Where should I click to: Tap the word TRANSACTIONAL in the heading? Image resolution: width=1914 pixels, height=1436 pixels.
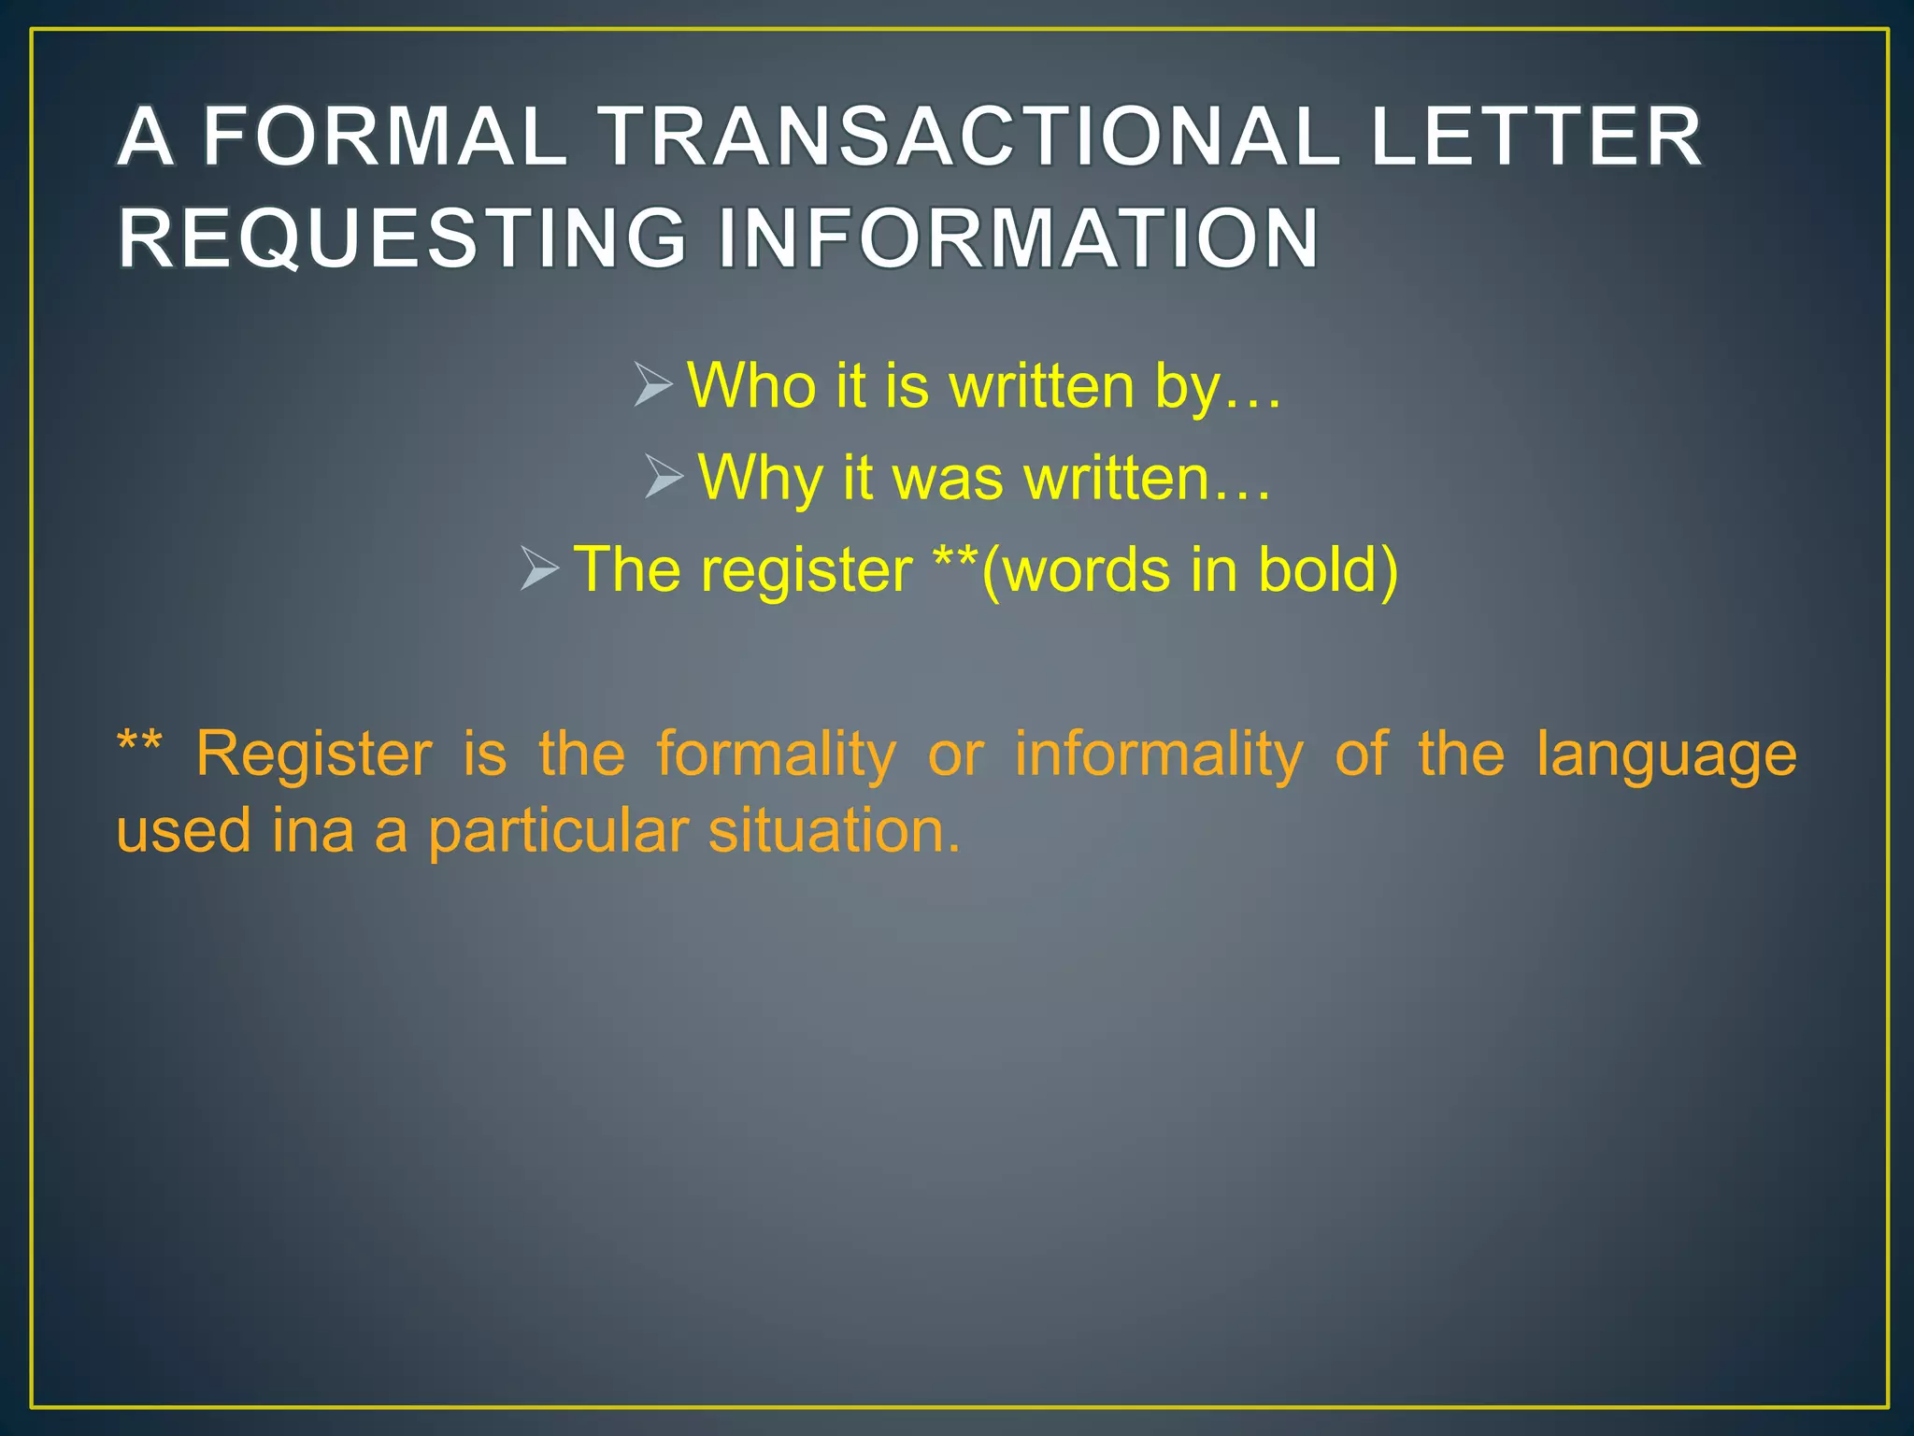click(x=968, y=137)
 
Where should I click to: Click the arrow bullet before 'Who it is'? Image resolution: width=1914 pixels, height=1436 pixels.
click(x=652, y=385)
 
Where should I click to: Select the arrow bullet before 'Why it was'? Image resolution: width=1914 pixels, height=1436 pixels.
click(x=664, y=477)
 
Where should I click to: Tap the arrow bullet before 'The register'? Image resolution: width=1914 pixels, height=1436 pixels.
click(x=539, y=568)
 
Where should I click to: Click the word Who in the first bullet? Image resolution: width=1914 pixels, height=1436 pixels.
click(x=751, y=385)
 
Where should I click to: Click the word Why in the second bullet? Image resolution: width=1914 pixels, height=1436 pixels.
click(x=759, y=478)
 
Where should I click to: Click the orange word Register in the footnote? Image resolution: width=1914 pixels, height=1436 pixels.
click(x=314, y=754)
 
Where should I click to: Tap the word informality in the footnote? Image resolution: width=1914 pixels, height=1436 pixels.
click(x=1159, y=754)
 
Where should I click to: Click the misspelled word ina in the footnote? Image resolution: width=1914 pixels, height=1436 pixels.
click(x=313, y=830)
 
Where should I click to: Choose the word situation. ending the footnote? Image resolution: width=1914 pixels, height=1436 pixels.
click(x=834, y=830)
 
